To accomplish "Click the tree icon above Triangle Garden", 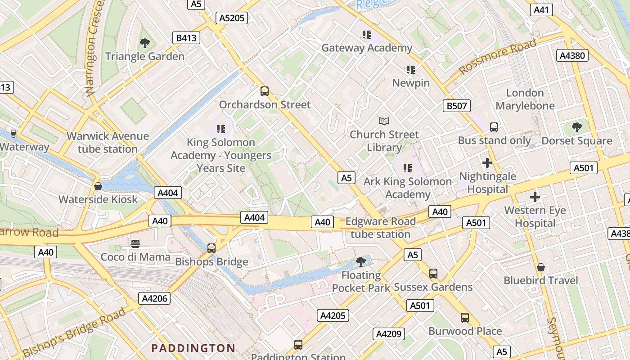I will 145,43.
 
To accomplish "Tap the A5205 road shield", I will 232,18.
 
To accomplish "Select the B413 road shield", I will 186,38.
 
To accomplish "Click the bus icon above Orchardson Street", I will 265,91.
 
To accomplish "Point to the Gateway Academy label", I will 367,48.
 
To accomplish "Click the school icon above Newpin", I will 410,70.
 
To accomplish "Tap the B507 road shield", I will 457,106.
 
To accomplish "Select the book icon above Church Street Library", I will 384,121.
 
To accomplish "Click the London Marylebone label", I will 525,99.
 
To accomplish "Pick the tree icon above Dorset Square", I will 576,127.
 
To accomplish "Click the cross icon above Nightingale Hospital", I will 487,163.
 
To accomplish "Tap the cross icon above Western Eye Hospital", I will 535,197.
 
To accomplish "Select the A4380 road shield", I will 572,55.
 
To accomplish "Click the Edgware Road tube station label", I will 380,228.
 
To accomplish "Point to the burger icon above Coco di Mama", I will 135,244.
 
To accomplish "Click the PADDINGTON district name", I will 193,348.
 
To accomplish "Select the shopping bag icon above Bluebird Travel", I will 540,268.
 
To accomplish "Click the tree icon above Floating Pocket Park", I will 360,261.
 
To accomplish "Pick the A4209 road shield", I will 389,334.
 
